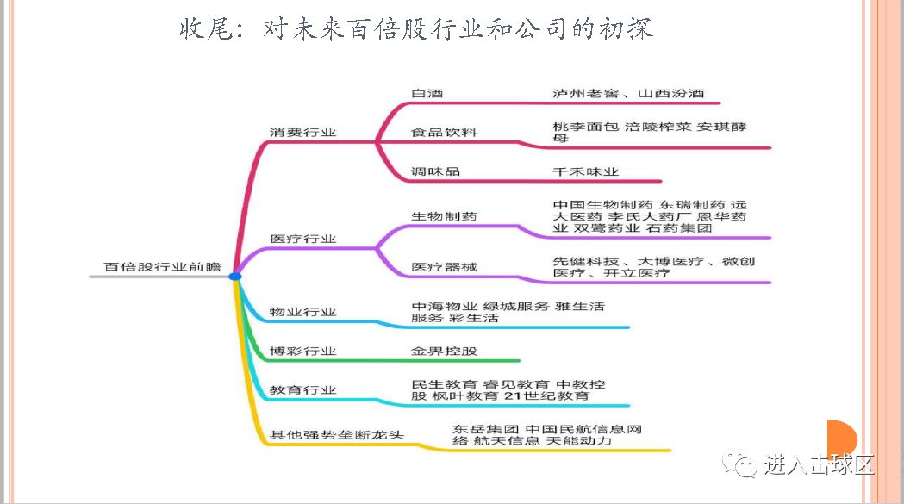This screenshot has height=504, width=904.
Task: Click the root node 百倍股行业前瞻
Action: click(162, 267)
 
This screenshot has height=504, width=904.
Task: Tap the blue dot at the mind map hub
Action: click(234, 276)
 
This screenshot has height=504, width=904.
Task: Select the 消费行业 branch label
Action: click(302, 133)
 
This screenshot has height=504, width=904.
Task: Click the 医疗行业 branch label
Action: click(302, 239)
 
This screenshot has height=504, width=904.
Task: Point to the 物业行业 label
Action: click(302, 312)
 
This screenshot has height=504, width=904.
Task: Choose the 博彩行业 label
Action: click(302, 352)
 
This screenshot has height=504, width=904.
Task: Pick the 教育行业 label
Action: click(302, 390)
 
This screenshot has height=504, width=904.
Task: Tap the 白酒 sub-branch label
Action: click(427, 93)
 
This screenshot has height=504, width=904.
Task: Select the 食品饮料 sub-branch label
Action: click(444, 132)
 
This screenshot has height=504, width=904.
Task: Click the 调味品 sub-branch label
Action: click(435, 171)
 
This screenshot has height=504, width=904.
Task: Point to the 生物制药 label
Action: click(444, 216)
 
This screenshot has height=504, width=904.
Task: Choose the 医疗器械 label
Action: click(444, 267)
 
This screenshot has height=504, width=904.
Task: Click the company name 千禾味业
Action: click(585, 171)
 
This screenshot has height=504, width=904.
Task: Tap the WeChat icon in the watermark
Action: click(740, 464)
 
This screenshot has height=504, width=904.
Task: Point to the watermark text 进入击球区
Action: click(819, 465)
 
